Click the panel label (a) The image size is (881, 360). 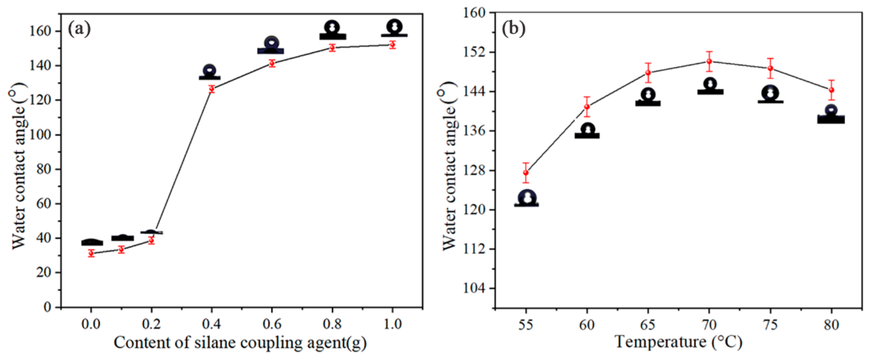(79, 29)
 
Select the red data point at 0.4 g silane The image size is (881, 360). (212, 89)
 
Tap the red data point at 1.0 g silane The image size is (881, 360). (393, 45)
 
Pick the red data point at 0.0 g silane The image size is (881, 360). (91, 253)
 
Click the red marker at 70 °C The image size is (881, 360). (709, 62)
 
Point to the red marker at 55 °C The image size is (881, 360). (526, 173)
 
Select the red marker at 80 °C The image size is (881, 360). (831, 90)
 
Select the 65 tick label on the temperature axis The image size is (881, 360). (648, 325)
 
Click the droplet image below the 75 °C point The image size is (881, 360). (771, 95)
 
